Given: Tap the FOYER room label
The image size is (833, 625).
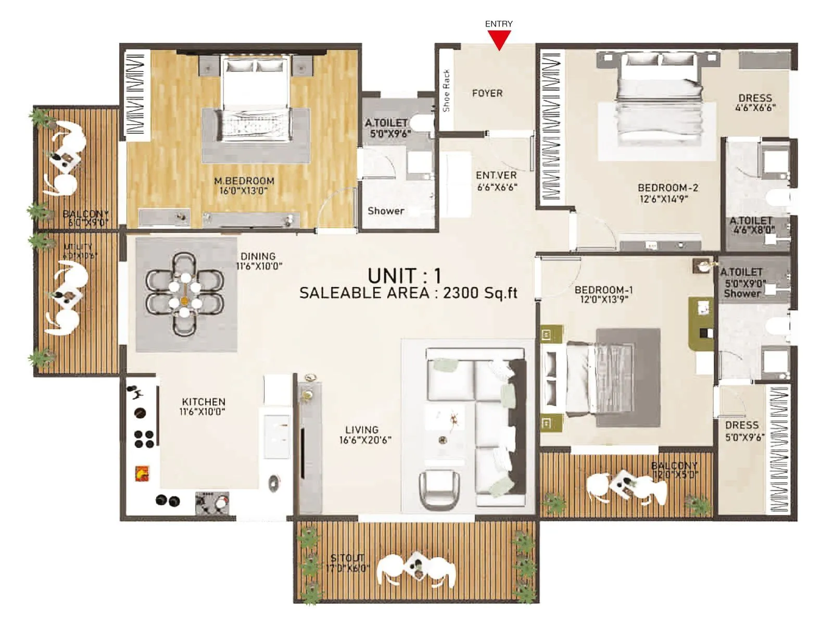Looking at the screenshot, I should pos(487,93).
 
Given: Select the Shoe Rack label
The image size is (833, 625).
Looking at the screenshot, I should pos(446,91).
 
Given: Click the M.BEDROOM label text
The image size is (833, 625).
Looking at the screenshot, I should pos(244,181).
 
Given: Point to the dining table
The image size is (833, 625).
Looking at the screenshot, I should pos(185,294).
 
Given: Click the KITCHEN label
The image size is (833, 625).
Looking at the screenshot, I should pos(204,402).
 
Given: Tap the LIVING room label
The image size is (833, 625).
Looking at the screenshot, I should pos(362,430).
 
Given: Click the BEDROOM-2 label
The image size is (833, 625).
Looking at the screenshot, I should pos(668,187).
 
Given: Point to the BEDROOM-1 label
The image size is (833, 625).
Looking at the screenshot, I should pos(603,290).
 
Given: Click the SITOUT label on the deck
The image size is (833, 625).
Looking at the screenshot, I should pos(347,558).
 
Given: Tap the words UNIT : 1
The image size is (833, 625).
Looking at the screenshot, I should pos(404,275).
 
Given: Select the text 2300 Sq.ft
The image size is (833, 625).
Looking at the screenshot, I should pos(480,293).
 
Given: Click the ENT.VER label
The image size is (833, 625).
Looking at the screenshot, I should pos(496,176).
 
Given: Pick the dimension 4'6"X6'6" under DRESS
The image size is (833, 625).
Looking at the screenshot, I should pos(755,108).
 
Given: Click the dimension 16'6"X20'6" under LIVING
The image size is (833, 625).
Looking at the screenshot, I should pos(365,440).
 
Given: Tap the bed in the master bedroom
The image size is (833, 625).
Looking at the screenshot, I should pos(255,99).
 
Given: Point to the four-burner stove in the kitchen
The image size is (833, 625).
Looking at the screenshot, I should pos(144,439).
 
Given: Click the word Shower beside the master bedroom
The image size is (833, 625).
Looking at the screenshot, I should pos(386,211).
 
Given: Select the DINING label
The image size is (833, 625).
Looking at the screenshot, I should pos(258,256).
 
